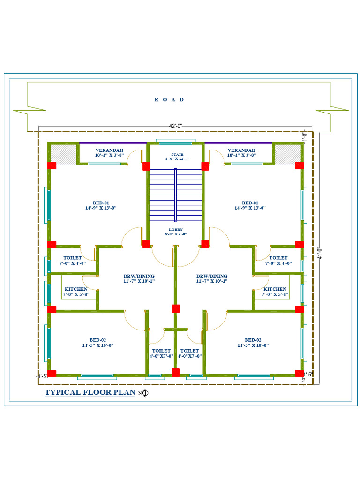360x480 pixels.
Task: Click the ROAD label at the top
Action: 169,99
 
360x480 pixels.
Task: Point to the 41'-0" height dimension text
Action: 320,254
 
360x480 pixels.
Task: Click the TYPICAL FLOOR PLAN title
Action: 90,392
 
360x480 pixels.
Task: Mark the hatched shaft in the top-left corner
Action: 63,154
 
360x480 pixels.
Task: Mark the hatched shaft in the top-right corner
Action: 287,154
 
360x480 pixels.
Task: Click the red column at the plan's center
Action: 175,308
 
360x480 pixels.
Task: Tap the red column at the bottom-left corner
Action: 52,373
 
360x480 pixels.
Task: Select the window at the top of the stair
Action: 175,142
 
